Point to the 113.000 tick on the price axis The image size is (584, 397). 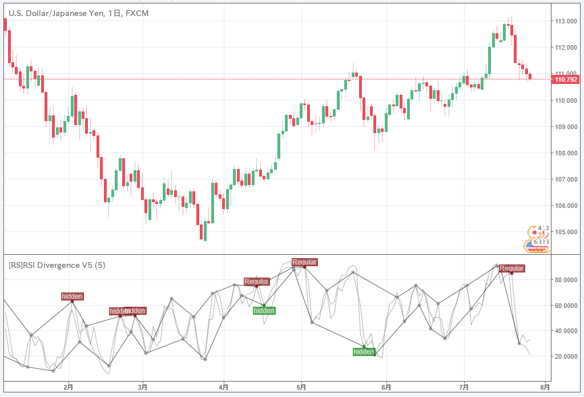(x=565, y=21)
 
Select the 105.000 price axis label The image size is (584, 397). (x=565, y=232)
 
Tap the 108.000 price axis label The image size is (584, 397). (x=565, y=153)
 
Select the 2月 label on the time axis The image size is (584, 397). (x=69, y=387)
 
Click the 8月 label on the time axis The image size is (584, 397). (x=545, y=387)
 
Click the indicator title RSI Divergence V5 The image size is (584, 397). (x=57, y=265)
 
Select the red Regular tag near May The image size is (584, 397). (x=304, y=262)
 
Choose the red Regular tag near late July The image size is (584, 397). (x=511, y=268)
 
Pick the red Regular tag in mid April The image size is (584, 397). (x=256, y=282)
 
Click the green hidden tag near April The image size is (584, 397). (x=264, y=311)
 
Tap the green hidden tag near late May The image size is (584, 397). (x=364, y=352)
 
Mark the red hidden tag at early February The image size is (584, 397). (x=73, y=296)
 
